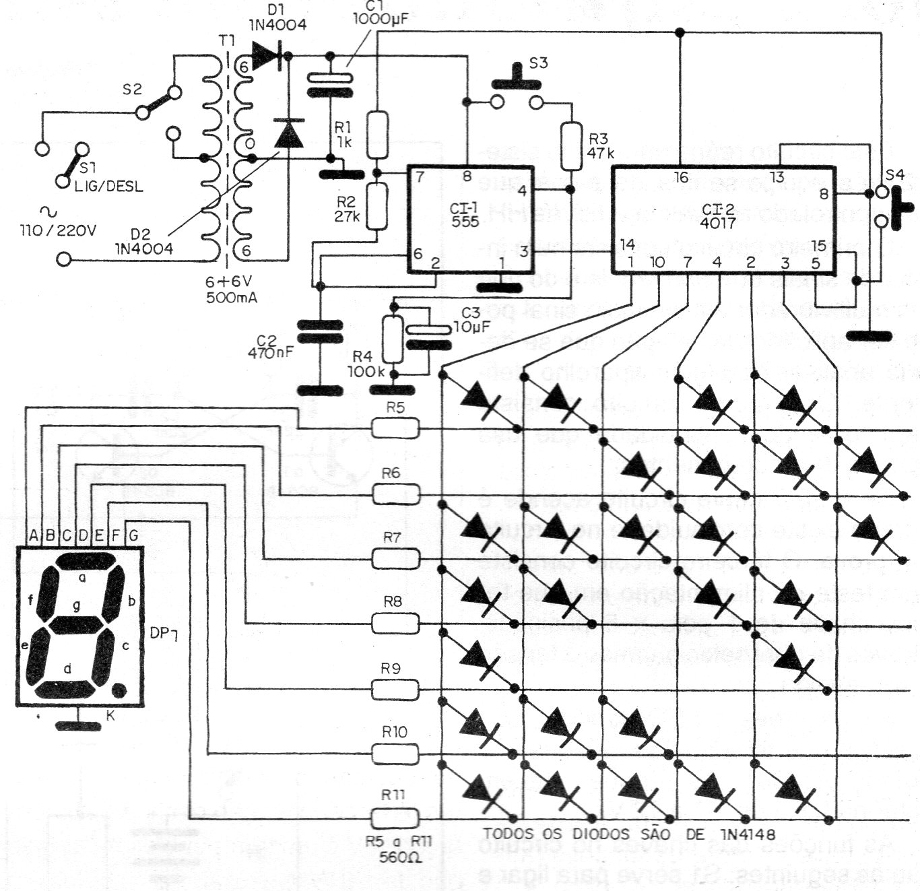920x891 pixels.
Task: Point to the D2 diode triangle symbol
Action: tap(290, 133)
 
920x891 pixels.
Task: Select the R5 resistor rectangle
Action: tap(395, 427)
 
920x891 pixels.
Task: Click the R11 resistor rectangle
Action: tap(395, 817)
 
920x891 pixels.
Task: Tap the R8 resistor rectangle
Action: tap(395, 623)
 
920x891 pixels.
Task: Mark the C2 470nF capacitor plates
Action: tap(320, 334)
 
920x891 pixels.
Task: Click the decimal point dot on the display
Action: tap(119, 690)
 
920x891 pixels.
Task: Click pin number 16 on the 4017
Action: tap(681, 178)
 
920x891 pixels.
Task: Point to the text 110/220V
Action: tap(58, 230)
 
